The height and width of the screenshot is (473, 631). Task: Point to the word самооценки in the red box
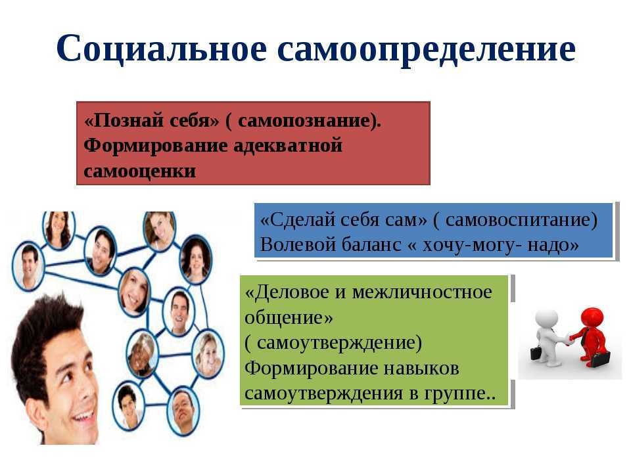[x=139, y=171]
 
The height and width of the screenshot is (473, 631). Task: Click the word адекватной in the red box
[x=288, y=146]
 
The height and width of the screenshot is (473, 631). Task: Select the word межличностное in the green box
[x=422, y=292]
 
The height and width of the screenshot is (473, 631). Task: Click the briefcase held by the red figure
[x=600, y=359]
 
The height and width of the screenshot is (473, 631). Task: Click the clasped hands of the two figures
[x=568, y=339]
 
